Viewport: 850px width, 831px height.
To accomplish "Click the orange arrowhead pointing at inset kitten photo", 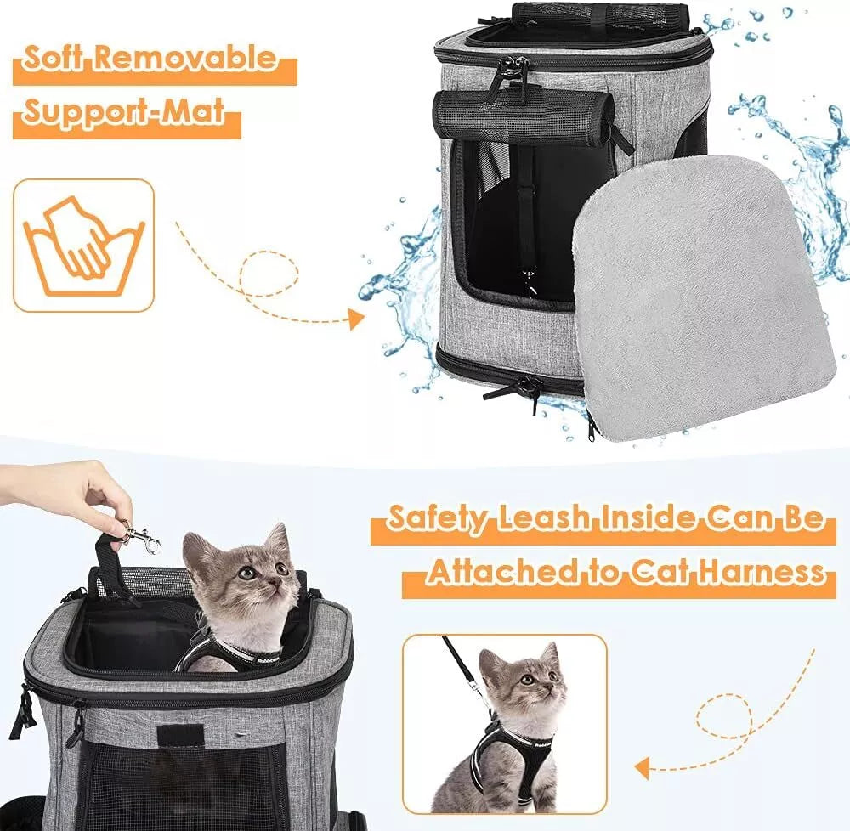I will (643, 769).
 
